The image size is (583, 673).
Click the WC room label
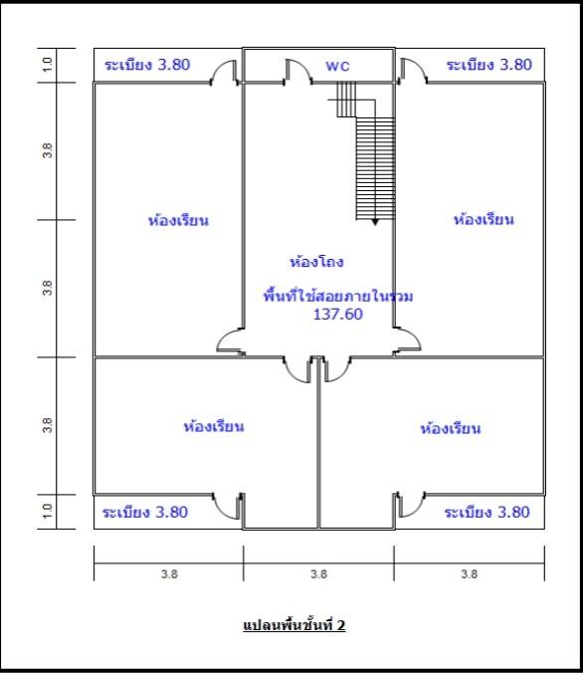tap(337, 66)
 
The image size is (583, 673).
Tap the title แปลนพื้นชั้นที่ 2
tap(294, 625)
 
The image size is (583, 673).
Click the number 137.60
tap(338, 315)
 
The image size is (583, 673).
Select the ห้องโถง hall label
tap(316, 262)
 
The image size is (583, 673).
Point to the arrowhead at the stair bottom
tap(375, 222)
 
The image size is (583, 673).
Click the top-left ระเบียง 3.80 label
tap(147, 65)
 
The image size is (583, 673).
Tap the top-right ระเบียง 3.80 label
tap(489, 65)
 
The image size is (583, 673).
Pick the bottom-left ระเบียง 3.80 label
tap(145, 512)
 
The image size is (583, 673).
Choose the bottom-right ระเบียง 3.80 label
tap(486, 512)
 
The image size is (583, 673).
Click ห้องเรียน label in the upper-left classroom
tap(178, 220)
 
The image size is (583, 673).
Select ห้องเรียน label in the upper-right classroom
tap(484, 219)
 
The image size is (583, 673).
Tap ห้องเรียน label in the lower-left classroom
tap(214, 426)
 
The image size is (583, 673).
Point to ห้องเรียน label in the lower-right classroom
tap(451, 428)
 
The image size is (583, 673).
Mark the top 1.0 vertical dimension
tap(48, 65)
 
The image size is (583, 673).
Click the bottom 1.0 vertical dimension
tap(48, 511)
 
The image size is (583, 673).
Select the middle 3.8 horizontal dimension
tap(318, 573)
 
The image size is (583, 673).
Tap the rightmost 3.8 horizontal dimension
tap(470, 573)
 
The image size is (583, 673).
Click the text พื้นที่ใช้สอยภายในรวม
tap(338, 296)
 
